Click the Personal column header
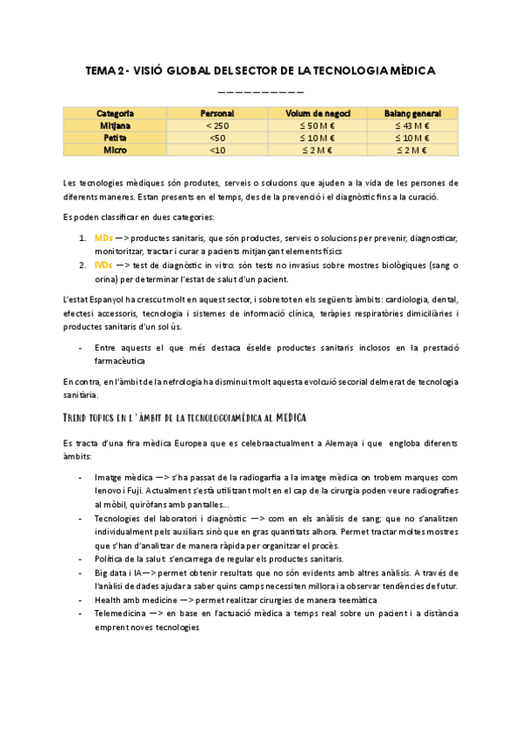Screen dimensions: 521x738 217,114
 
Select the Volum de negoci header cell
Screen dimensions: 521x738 316,114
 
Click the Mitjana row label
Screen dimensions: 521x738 115,126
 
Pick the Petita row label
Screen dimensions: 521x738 115,138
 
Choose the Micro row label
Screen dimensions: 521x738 115,151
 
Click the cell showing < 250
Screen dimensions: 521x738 217,126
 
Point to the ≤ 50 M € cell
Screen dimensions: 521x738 316,126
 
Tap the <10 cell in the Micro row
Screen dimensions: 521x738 217,151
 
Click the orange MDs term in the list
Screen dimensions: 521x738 103,238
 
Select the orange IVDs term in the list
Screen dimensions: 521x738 104,265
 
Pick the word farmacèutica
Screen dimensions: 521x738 119,359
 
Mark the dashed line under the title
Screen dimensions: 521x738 260,91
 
